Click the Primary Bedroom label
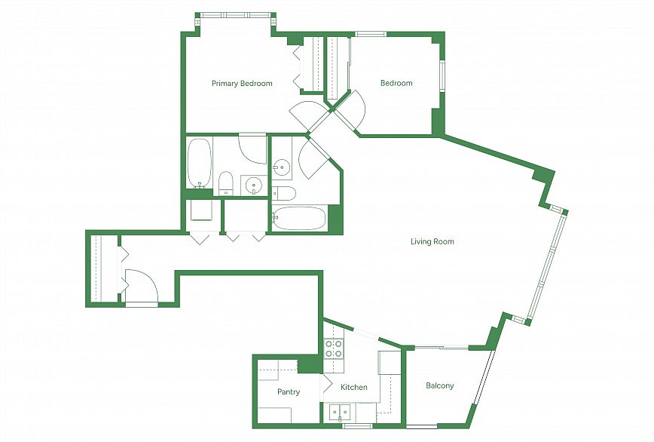pyautogui.click(x=242, y=84)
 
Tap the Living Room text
pyautogui.click(x=432, y=241)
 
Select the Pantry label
pyautogui.click(x=289, y=392)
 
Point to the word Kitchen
pyautogui.click(x=353, y=388)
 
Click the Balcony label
pyautogui.click(x=439, y=385)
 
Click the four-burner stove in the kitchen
pyautogui.click(x=334, y=349)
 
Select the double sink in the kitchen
pyautogui.click(x=339, y=413)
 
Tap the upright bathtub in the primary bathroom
pyautogui.click(x=199, y=163)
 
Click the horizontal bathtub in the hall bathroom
pyautogui.click(x=299, y=218)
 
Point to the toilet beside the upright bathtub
pyautogui.click(x=226, y=183)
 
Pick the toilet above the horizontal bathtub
pyautogui.click(x=283, y=194)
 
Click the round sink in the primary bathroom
pyautogui.click(x=254, y=185)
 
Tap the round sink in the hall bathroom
pyautogui.click(x=281, y=169)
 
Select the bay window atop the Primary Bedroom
pyautogui.click(x=236, y=15)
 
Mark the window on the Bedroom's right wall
pyautogui.click(x=442, y=76)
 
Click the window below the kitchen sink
pyautogui.click(x=357, y=426)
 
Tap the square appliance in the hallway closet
pyautogui.click(x=201, y=210)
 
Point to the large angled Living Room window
pyautogui.click(x=547, y=266)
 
